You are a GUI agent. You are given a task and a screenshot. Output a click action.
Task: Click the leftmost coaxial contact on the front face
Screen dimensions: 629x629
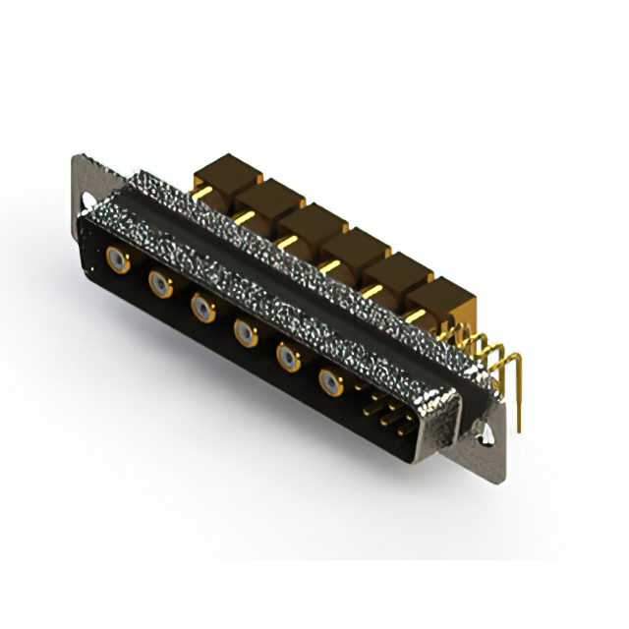[x=117, y=260]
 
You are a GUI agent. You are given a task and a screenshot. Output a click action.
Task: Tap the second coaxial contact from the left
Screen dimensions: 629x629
[x=159, y=285]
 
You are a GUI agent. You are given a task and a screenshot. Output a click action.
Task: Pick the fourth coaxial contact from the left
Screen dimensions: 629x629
[x=244, y=334]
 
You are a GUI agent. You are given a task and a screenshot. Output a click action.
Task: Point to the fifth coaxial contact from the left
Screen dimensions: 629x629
[x=286, y=357]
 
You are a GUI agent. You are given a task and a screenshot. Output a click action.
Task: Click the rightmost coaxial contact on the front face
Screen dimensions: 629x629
[x=329, y=381]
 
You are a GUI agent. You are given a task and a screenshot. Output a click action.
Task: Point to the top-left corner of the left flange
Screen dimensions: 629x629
[x=75, y=157]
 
